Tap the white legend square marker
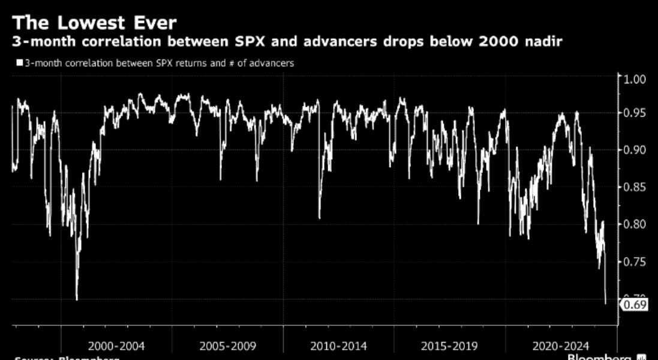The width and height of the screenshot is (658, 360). coord(20,62)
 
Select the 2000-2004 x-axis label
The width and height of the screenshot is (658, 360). coord(116,346)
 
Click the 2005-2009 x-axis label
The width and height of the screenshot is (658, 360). coord(228,346)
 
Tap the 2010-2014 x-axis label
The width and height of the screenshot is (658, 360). coord(338,346)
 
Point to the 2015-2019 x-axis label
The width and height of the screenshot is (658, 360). coord(449,346)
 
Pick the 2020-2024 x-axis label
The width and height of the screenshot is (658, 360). coord(560,346)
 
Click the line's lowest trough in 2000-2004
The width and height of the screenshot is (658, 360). coord(77,298)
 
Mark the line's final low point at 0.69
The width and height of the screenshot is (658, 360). coord(606,303)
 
